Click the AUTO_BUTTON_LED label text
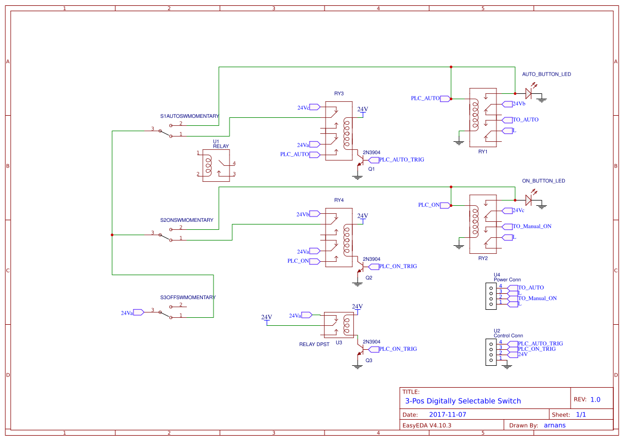point(546,74)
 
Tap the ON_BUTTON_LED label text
point(543,181)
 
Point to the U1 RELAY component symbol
point(216,165)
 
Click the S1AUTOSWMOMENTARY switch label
point(189,116)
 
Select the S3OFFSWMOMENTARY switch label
point(187,297)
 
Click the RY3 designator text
point(339,93)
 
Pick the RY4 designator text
point(339,200)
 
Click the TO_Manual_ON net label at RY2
point(532,226)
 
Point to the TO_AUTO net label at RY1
point(525,119)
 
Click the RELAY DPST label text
point(314,344)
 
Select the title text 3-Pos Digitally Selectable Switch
point(463,401)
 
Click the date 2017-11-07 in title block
point(447,414)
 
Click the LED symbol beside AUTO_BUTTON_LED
point(528,93)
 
